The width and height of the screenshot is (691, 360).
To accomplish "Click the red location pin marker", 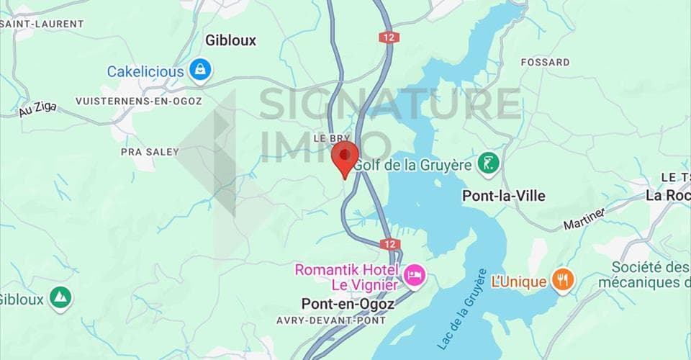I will (x=345, y=157).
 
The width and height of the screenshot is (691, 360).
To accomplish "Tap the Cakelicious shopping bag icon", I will (x=199, y=71).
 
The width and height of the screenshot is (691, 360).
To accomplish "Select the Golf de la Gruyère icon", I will (x=489, y=164).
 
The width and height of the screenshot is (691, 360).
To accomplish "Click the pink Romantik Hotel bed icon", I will (x=414, y=274).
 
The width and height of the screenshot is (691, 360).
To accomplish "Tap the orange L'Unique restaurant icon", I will (x=563, y=280).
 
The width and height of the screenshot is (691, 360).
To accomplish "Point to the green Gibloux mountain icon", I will (x=61, y=297).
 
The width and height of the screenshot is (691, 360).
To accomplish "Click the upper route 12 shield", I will (x=389, y=37).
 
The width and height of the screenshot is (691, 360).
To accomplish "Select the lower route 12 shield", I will (x=389, y=245).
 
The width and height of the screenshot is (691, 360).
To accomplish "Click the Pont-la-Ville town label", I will (x=503, y=196).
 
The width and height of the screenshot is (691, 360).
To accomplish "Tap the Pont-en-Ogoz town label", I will (x=348, y=305).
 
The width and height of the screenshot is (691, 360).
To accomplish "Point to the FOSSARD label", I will (x=545, y=63).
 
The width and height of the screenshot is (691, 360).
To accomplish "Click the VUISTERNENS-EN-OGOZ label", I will (x=139, y=101).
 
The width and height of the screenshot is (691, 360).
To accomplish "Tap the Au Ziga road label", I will (x=37, y=110).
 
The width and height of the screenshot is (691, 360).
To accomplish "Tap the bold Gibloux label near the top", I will (x=230, y=40).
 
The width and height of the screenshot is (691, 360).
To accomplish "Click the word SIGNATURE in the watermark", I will (x=389, y=104).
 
